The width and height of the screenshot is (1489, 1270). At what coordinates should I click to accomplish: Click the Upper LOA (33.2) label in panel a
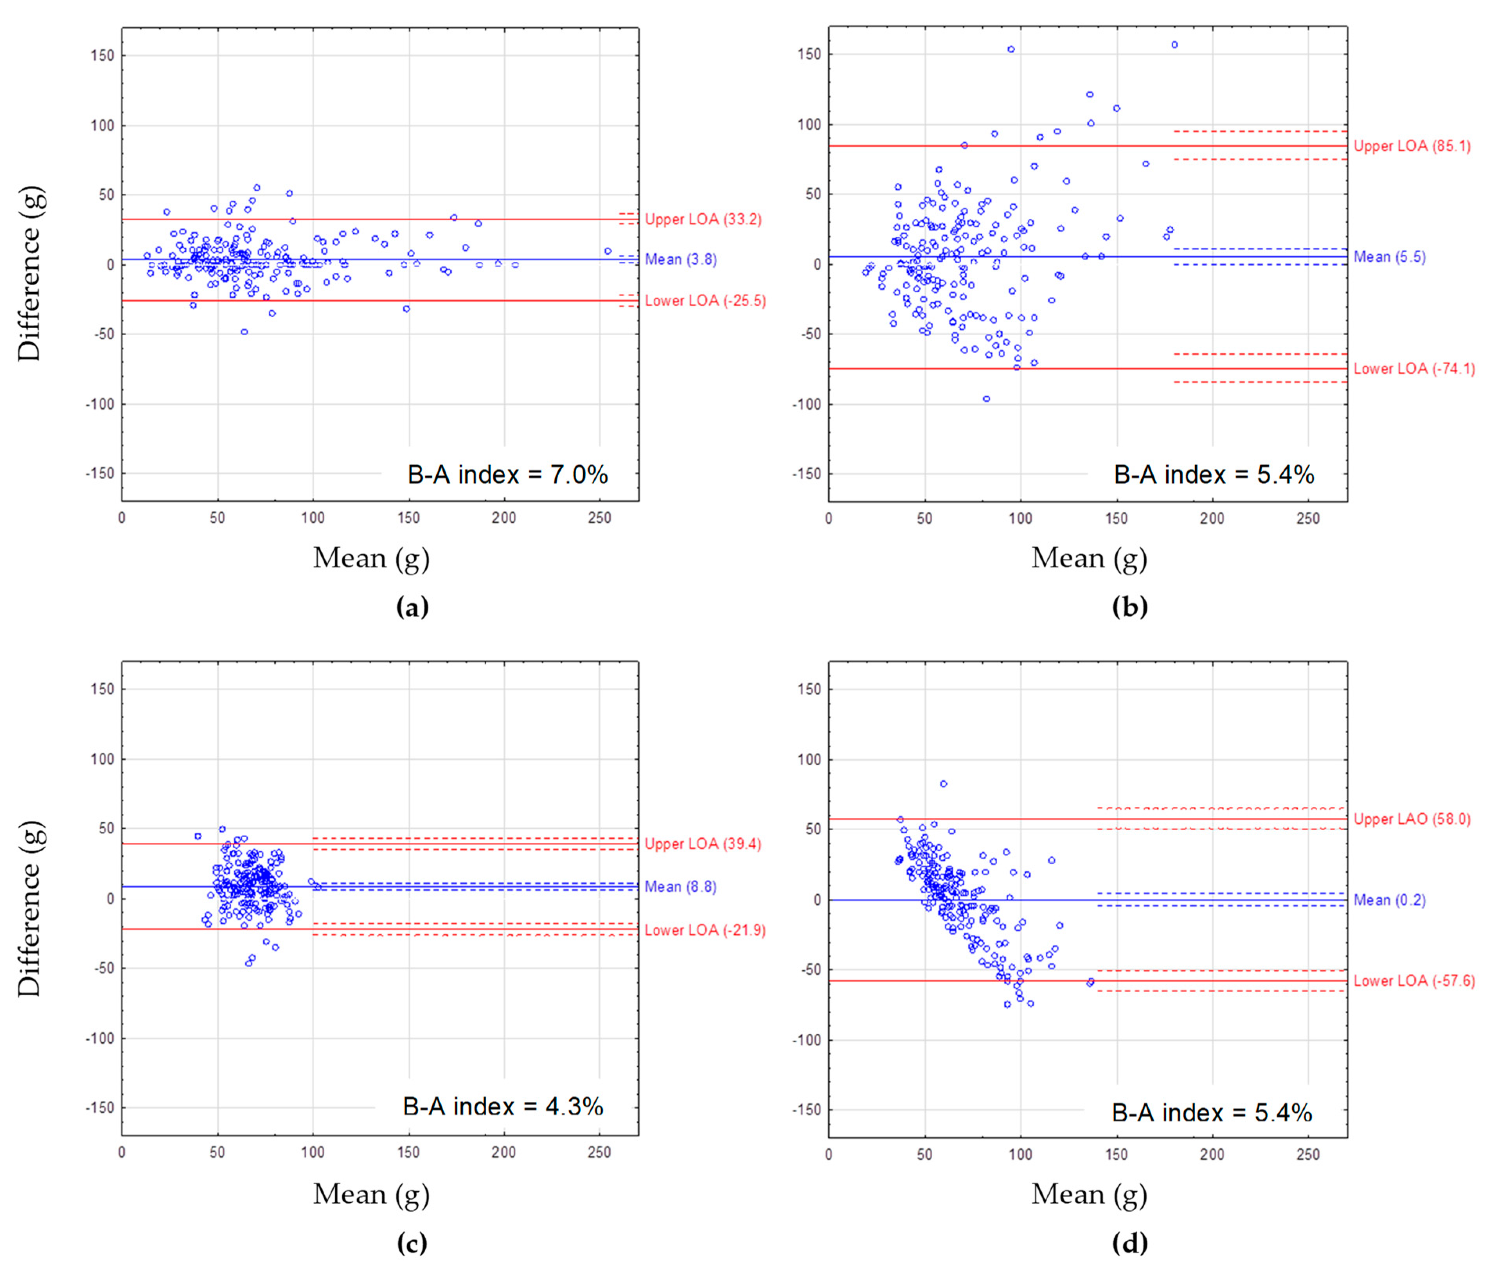pyautogui.click(x=702, y=219)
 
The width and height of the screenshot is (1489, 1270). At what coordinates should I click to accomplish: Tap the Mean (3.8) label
pyautogui.click(x=680, y=259)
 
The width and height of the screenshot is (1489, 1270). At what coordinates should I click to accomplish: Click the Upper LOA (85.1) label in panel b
pyautogui.click(x=1412, y=146)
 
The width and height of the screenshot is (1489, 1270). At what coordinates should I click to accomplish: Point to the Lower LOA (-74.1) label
pyautogui.click(x=1413, y=369)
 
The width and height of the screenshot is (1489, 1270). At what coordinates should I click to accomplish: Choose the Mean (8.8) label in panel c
pyautogui.click(x=680, y=887)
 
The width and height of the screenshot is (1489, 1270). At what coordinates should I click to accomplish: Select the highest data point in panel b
pyautogui.click(x=1174, y=45)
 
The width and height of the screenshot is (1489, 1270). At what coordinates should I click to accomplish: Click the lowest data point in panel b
pyautogui.click(x=986, y=399)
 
